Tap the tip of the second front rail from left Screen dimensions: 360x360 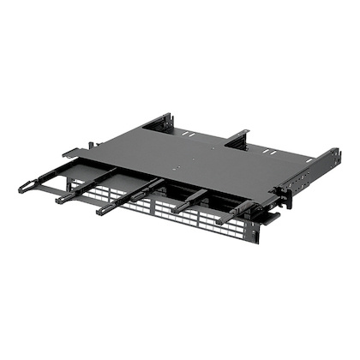pos(62,201)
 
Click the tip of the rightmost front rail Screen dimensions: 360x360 pos(221,222)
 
